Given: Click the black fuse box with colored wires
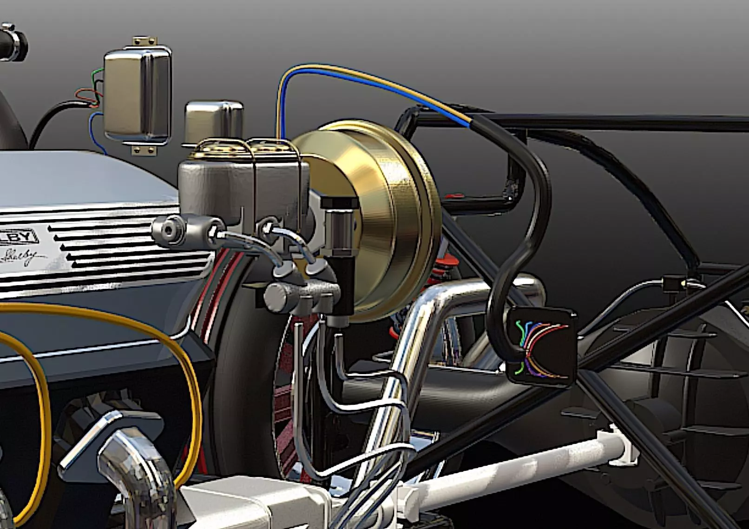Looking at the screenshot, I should click(541, 347).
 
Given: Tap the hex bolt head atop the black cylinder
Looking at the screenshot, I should click(339, 203).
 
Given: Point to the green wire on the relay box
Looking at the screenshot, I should click(97, 74).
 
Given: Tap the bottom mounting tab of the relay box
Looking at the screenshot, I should click(142, 150).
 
